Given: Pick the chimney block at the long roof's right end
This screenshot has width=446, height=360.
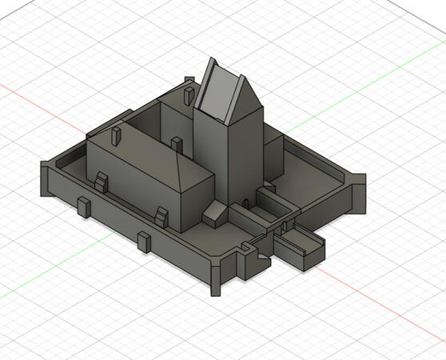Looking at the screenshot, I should [x=176, y=144].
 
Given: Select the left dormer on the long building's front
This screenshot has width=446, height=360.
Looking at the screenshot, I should [x=101, y=182].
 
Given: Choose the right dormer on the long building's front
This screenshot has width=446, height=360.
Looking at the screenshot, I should [x=162, y=216].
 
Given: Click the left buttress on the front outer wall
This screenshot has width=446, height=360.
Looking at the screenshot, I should [x=83, y=206].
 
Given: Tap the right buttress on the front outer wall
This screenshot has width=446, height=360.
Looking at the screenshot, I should [x=144, y=242].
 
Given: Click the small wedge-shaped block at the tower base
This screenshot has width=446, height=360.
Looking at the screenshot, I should [x=216, y=214].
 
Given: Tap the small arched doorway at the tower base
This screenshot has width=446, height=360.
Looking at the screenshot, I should [x=242, y=199].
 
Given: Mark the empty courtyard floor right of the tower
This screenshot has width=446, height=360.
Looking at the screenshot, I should [x=316, y=180].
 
